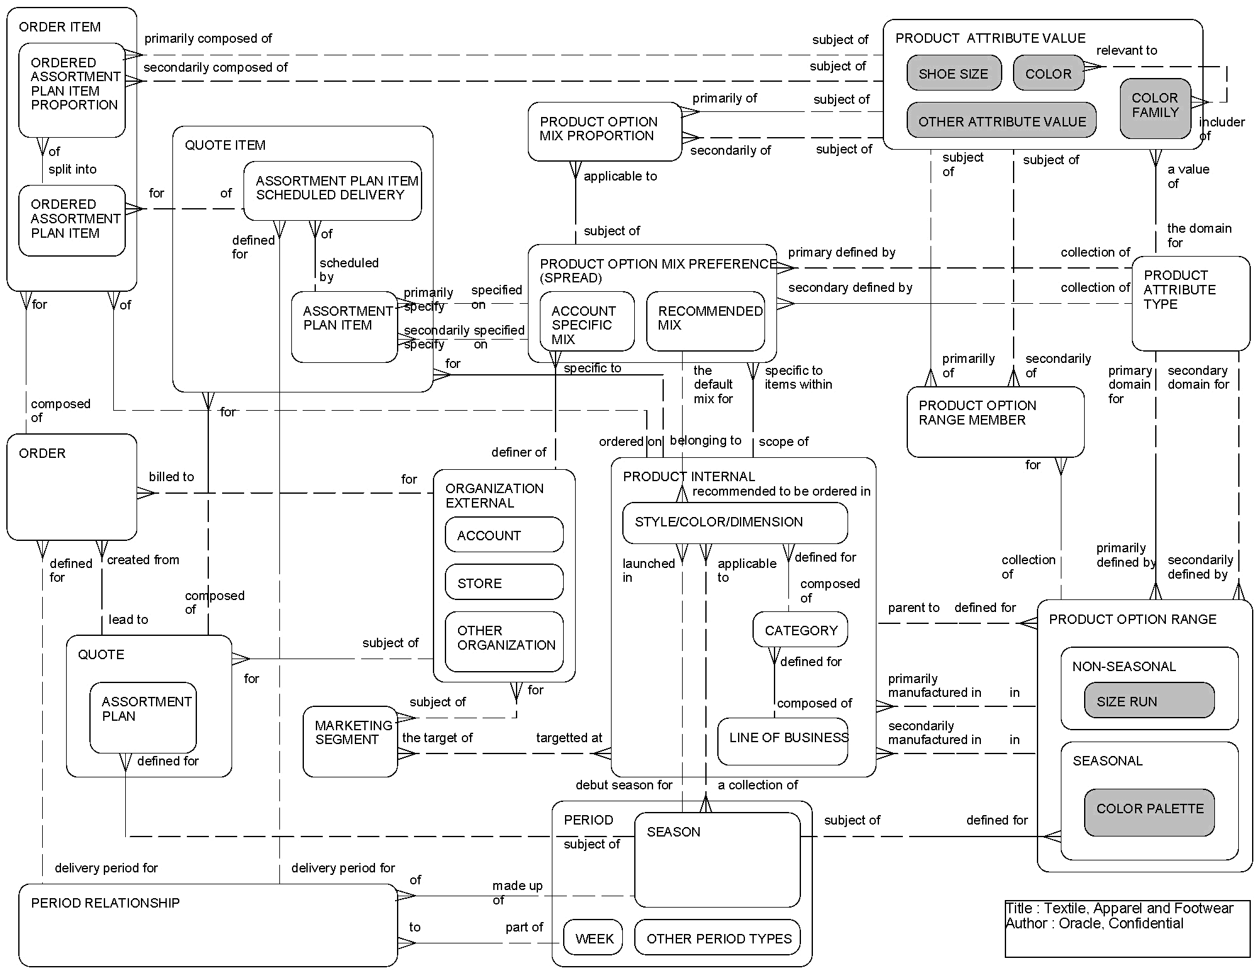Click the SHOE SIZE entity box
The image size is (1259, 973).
point(953,74)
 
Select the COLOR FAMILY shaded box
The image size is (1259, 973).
point(1155,108)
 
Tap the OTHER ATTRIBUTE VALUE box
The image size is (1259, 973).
point(1001,121)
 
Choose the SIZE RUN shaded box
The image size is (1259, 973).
point(1149,701)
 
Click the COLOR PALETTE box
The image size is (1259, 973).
point(1149,811)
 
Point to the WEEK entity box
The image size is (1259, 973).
point(593,938)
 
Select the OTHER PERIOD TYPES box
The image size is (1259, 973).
point(717,938)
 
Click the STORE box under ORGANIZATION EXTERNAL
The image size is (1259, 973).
point(504,582)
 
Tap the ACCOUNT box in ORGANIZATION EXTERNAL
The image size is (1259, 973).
point(504,535)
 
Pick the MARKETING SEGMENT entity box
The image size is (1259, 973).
point(350,741)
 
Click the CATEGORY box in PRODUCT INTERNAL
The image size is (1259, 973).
point(800,630)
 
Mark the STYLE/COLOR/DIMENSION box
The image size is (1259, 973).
point(734,522)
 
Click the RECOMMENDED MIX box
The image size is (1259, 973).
point(705,321)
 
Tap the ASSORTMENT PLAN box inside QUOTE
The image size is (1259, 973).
point(143,717)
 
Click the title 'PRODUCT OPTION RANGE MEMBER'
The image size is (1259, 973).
point(976,413)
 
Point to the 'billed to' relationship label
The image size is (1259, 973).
point(171,477)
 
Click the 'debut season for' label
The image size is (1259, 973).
point(624,785)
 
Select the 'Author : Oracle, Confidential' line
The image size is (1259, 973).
point(1094,923)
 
